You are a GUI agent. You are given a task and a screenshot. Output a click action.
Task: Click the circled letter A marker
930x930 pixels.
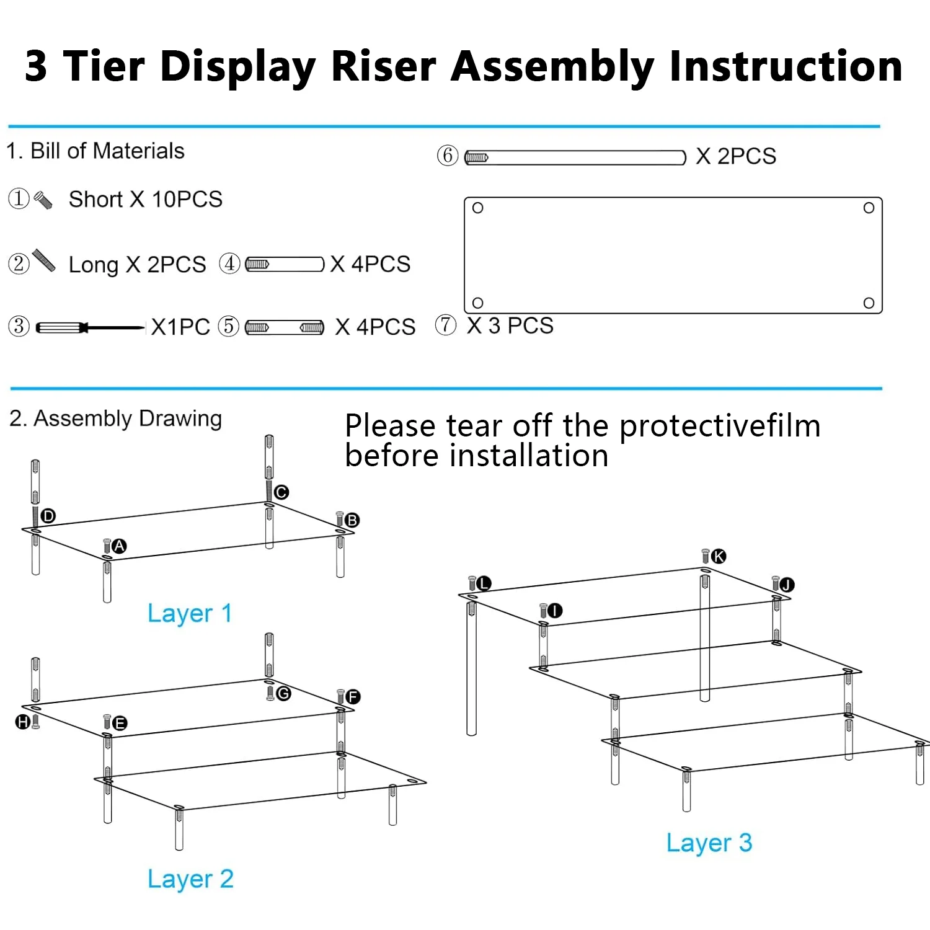coord(119,546)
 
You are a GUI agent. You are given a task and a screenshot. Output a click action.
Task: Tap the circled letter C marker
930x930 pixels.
coord(281,492)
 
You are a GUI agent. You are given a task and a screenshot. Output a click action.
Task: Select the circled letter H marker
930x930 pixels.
coord(23,722)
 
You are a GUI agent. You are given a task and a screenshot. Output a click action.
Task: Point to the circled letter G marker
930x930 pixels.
coord(283,693)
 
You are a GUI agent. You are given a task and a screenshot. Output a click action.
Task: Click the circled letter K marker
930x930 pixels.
coord(719,556)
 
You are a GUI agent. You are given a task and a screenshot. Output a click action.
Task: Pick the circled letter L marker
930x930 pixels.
coord(484,583)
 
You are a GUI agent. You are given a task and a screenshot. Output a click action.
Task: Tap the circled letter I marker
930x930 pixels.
coord(554,611)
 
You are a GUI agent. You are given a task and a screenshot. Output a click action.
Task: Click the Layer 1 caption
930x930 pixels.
coord(190,613)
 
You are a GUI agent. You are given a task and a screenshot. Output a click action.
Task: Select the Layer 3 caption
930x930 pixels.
coord(709,843)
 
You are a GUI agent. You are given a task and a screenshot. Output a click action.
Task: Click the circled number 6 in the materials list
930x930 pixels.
coord(448,155)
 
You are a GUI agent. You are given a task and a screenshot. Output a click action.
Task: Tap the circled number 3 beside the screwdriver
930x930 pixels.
coord(19,326)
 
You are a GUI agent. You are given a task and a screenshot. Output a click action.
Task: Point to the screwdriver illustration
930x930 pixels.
coord(90,327)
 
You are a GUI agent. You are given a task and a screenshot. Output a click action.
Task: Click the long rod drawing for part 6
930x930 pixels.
coord(575,157)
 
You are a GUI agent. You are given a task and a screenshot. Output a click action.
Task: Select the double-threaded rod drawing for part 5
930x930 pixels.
coord(285,327)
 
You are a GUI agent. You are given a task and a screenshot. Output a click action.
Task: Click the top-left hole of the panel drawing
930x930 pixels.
coord(477,208)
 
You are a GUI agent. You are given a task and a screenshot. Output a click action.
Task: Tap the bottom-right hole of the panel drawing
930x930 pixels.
coord(869,303)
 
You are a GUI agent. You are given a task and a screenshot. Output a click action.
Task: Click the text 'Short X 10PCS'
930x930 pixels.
coord(145,200)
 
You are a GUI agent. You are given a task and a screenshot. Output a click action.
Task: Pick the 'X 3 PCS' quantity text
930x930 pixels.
coord(510,325)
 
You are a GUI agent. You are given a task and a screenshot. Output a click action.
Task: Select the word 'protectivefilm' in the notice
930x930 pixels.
coord(720,426)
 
